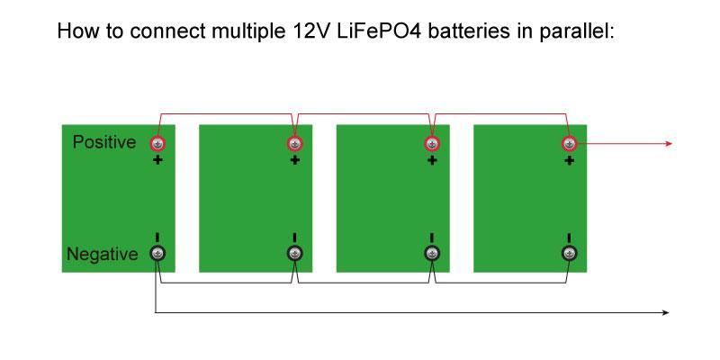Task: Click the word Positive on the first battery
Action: coord(103,143)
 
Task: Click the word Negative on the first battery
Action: coord(103,255)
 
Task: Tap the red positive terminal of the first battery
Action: coord(157,144)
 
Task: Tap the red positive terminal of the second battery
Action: coord(294,144)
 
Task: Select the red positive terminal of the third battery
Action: coord(432,144)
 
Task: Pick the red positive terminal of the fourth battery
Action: coord(569,144)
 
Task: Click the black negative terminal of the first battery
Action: coord(157,254)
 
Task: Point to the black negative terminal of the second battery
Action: coord(294,254)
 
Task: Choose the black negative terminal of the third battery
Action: coord(432,254)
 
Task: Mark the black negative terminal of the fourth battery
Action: coord(569,254)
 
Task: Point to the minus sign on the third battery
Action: coord(432,238)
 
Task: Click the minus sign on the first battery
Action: coord(157,238)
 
